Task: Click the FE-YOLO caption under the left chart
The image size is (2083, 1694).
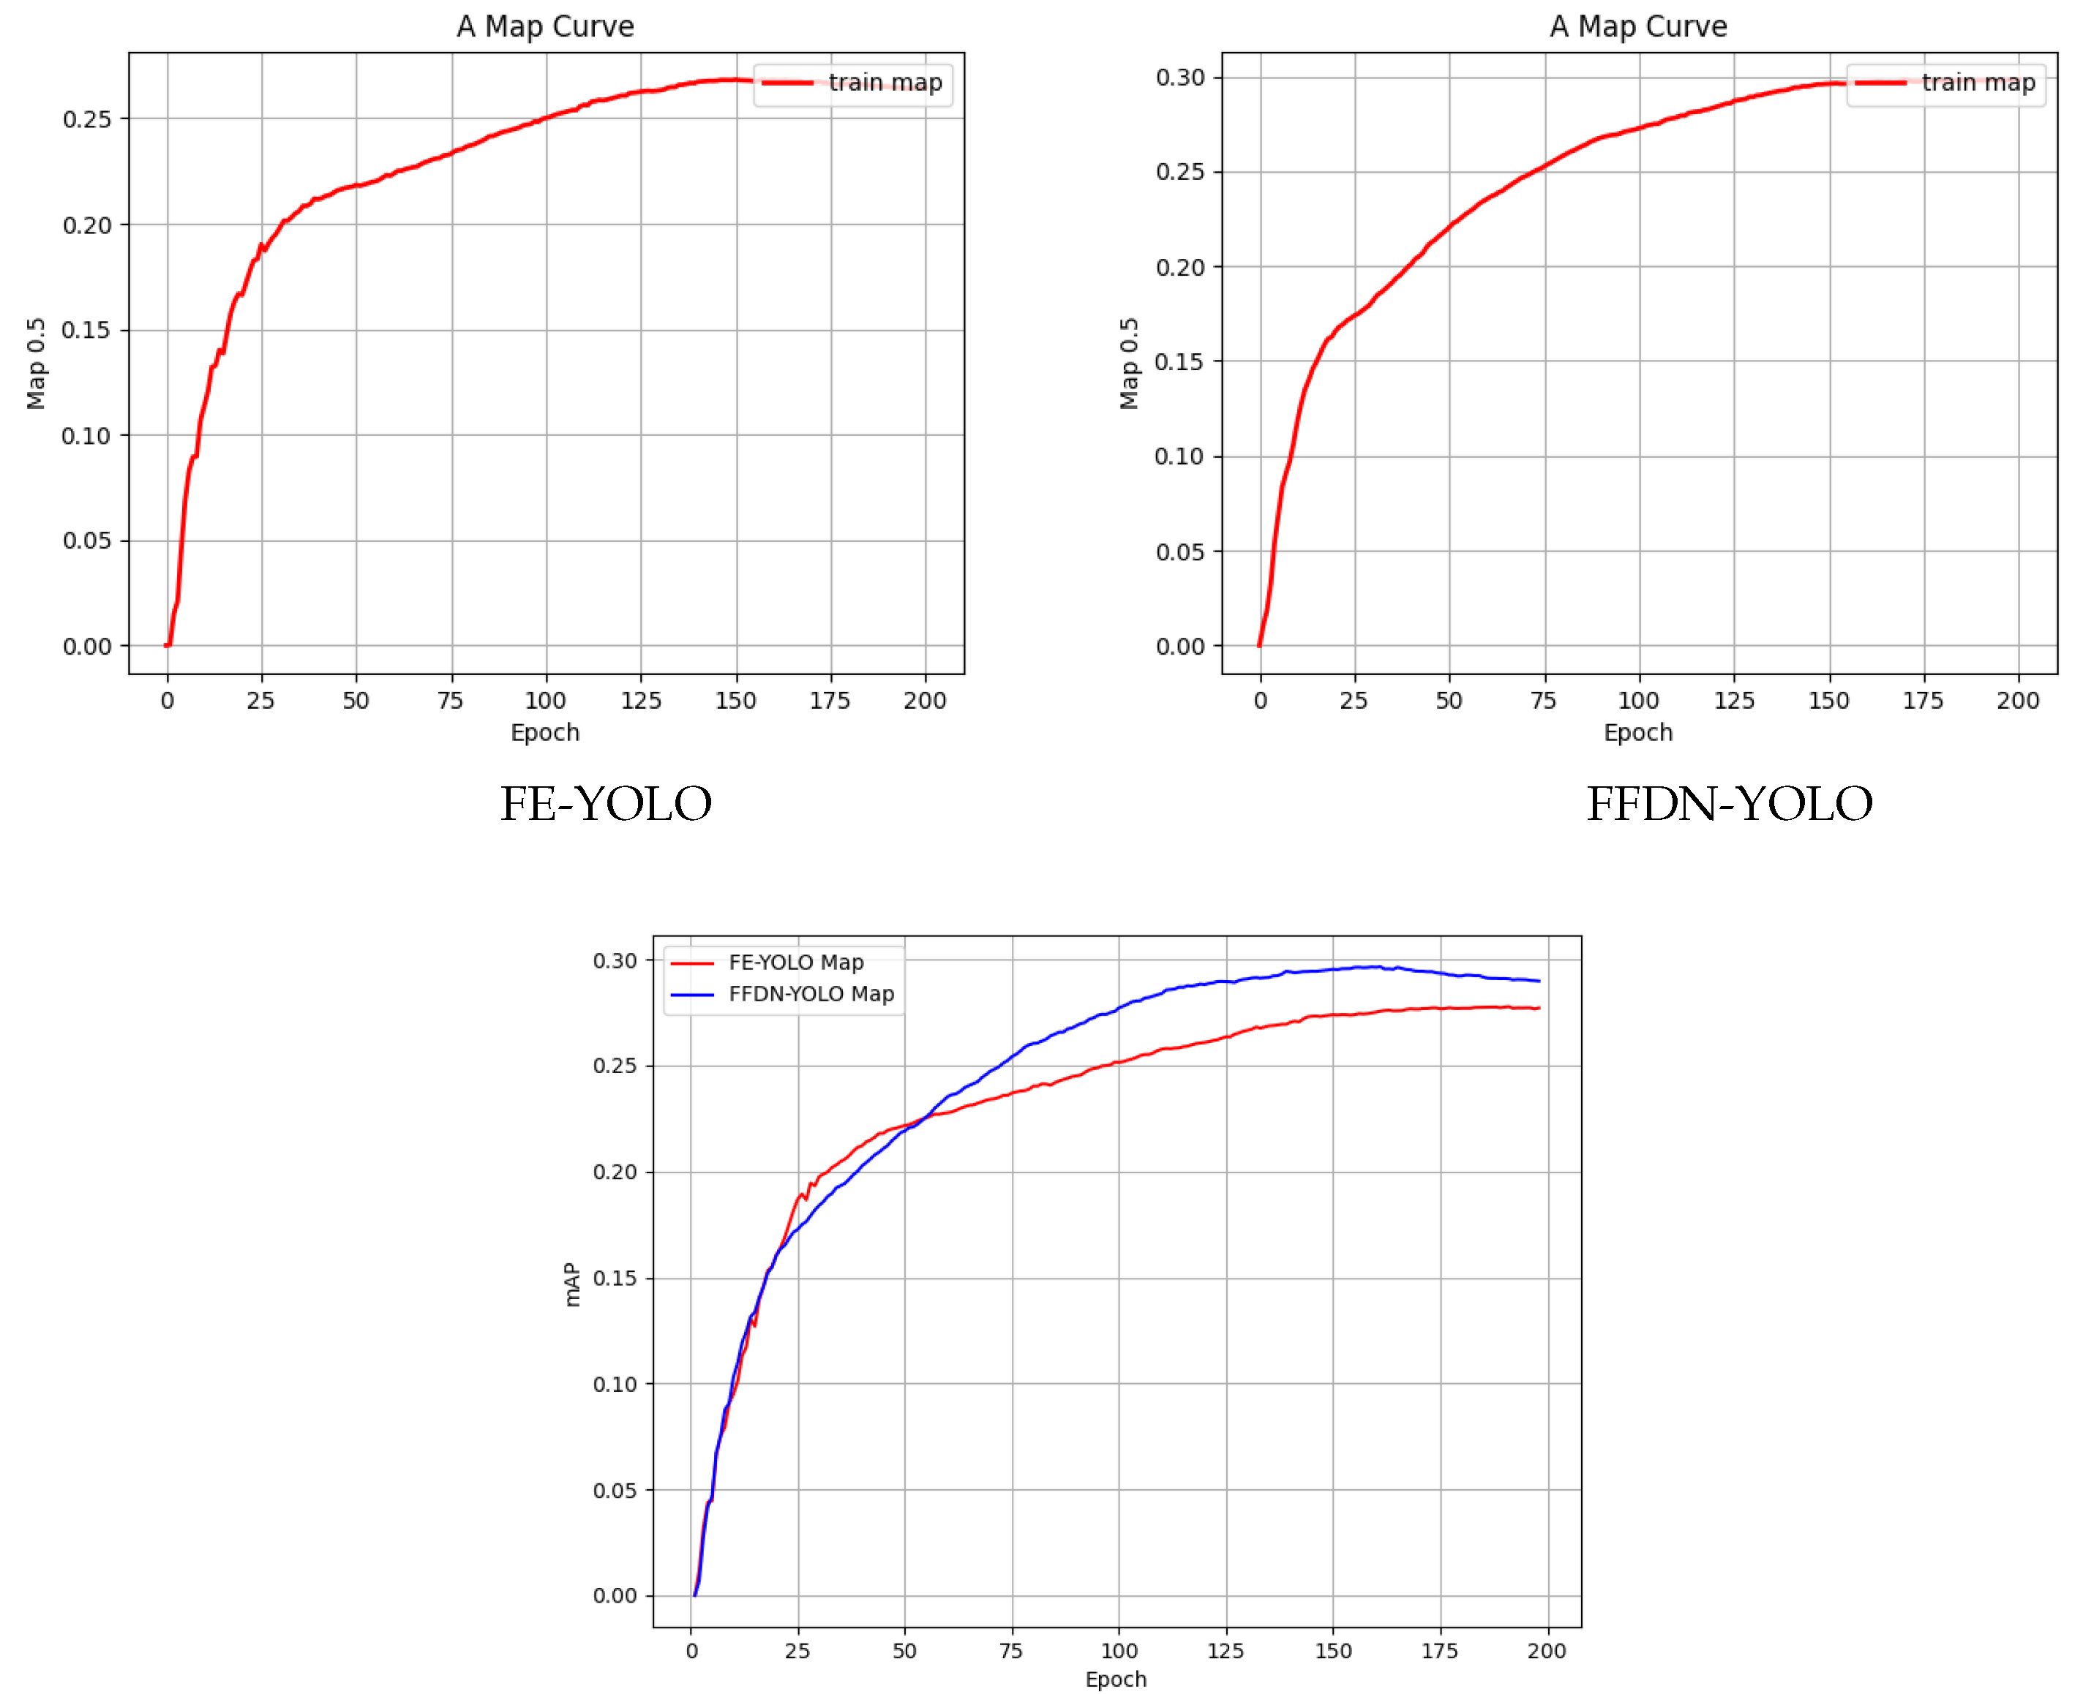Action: (606, 804)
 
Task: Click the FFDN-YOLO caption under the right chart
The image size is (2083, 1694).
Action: (1729, 804)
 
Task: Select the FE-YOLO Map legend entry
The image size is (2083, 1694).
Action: (795, 962)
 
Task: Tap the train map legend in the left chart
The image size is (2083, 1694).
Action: (885, 83)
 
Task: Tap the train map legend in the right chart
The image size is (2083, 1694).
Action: (1978, 83)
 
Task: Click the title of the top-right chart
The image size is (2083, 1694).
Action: (1638, 26)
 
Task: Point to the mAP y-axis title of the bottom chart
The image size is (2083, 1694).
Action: (572, 1284)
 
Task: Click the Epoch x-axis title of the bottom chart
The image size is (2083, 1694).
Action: (1116, 1679)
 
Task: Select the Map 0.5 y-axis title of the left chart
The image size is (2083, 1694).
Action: (36, 363)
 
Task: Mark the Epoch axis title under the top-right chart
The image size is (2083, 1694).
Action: (1638, 732)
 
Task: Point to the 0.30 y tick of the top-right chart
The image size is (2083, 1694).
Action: (1179, 77)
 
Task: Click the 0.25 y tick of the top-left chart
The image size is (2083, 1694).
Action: (87, 119)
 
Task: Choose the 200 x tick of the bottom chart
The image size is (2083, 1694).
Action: (1546, 1651)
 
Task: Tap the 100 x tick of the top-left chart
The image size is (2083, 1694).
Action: (544, 701)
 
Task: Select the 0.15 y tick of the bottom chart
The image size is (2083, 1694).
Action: (615, 1279)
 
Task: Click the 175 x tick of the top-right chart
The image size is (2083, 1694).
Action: (1923, 701)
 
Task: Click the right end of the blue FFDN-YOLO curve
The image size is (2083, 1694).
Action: (1539, 981)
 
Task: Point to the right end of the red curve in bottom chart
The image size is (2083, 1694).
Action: (1539, 1008)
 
